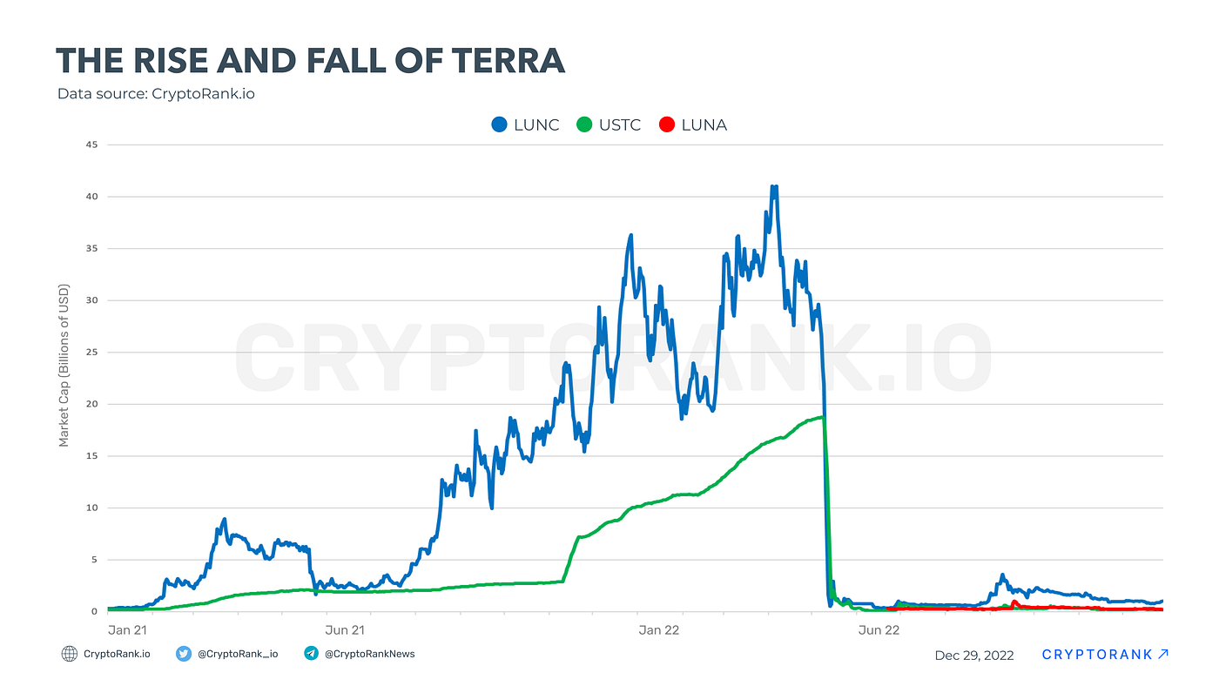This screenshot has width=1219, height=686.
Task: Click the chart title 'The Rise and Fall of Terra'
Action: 310,61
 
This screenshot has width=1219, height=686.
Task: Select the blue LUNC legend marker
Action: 499,124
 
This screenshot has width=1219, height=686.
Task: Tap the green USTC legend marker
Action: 584,124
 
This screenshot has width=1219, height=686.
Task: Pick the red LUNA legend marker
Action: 667,124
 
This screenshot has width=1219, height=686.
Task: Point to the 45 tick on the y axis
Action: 91,145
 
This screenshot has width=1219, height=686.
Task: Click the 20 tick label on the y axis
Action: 91,404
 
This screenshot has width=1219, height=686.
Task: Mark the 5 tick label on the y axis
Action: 93,560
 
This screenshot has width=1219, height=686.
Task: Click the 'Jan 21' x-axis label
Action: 125,629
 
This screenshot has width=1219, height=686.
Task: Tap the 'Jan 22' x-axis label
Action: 659,629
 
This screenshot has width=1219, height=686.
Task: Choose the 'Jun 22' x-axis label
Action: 879,629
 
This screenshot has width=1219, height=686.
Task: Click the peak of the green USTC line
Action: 821,417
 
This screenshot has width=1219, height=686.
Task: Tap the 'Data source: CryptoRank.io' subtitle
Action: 156,94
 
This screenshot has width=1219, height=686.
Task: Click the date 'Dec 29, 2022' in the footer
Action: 974,656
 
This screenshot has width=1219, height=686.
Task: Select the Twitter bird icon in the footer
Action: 184,654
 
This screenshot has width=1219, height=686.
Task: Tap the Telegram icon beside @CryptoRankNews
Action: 311,654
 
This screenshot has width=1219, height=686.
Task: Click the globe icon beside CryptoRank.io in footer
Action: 70,654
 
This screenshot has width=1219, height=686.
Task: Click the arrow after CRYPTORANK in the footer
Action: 1163,654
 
